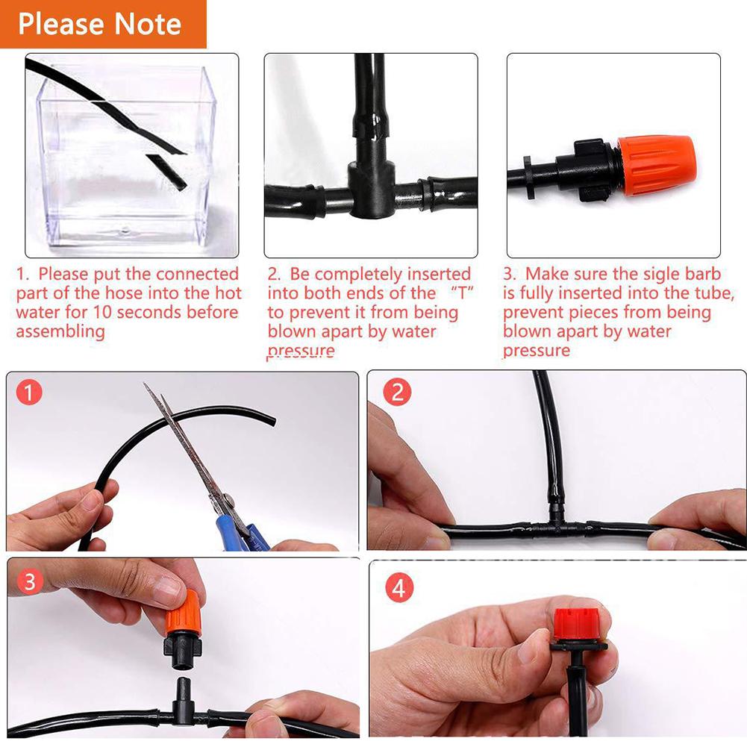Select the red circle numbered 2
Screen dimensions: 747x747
397,393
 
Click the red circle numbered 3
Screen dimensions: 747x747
30,582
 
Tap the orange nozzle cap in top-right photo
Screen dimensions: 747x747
657,165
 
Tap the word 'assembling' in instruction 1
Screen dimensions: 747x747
60,331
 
